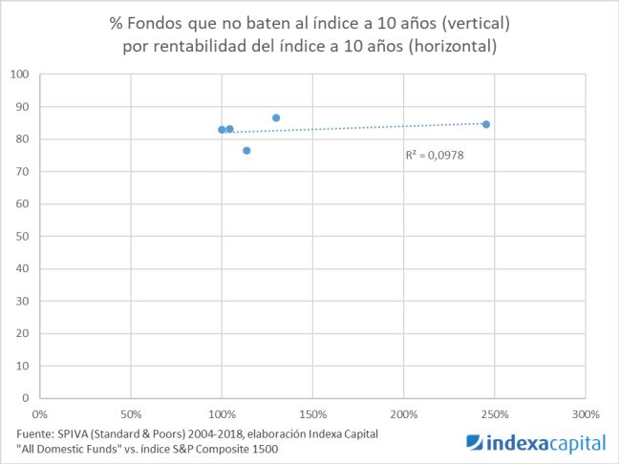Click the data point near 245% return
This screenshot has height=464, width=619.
[x=486, y=124]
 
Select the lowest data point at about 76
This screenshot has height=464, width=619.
[x=246, y=151]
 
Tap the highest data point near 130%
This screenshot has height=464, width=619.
[x=276, y=118]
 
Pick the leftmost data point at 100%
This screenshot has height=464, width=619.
[x=222, y=130]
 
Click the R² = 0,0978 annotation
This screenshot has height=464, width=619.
[x=435, y=154]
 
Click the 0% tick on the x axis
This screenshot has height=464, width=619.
[x=40, y=414]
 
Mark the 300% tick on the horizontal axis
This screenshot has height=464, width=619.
[x=585, y=414]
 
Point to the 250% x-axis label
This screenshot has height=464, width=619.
[x=494, y=414]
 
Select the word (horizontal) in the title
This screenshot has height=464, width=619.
[x=448, y=46]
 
